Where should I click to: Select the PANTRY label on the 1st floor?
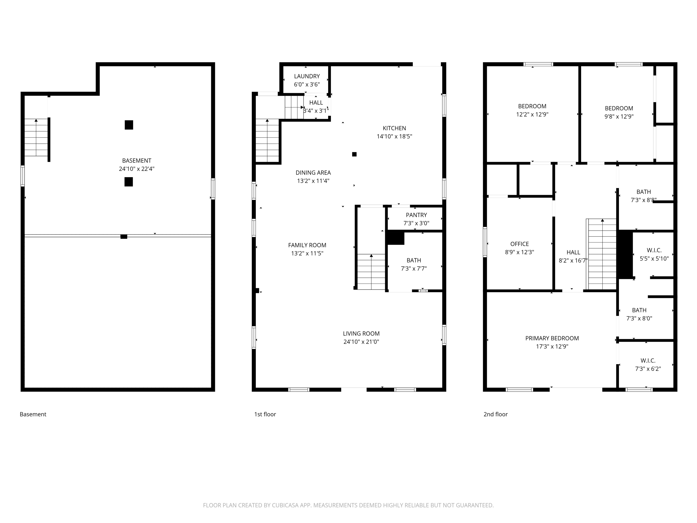(416, 215)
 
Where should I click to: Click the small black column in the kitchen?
(354, 154)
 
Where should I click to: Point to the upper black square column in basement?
(129, 125)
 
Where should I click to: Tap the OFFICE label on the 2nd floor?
(519, 244)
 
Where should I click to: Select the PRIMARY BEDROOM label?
(552, 338)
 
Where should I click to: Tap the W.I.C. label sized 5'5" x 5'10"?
(654, 250)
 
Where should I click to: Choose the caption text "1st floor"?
(265, 414)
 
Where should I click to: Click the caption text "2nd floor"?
(495, 414)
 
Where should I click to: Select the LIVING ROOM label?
(361, 333)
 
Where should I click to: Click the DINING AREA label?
(313, 173)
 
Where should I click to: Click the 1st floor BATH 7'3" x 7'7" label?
(413, 260)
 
